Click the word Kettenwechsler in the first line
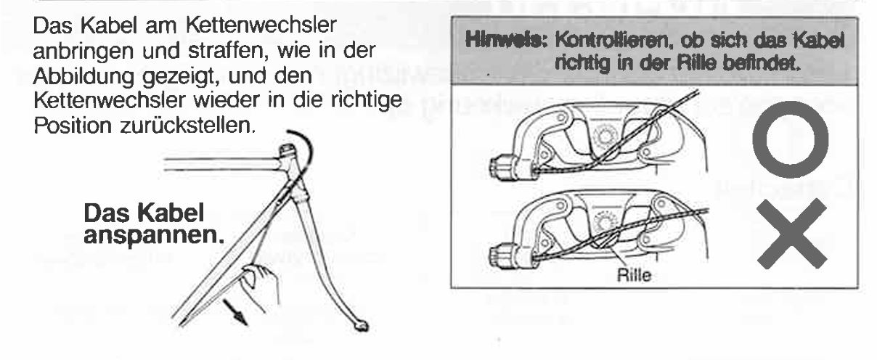(261, 25)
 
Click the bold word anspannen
(154, 236)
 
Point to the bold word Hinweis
(505, 41)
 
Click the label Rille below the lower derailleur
(635, 275)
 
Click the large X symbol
(791, 234)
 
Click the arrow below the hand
(236, 312)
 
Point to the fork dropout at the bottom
(362, 326)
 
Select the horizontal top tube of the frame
(222, 164)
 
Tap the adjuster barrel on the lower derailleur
(503, 256)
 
